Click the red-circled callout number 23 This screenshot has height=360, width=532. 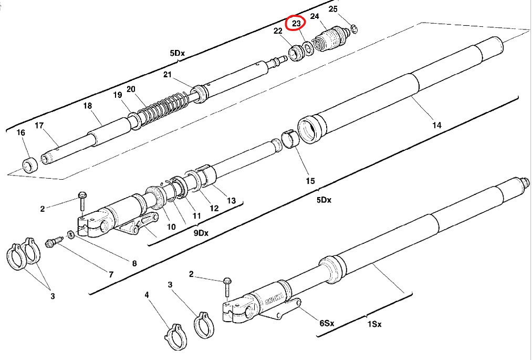point(296,23)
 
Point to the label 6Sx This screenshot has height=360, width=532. point(327,323)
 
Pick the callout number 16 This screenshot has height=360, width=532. point(21,132)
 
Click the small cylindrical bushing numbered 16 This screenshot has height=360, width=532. point(30,165)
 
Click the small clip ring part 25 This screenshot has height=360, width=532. point(354,28)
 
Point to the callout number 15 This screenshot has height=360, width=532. point(310,181)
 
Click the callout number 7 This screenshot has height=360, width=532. point(111,274)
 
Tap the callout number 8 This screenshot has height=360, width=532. point(134,263)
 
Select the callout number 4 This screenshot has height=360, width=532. point(147,295)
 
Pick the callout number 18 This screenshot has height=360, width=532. point(88,106)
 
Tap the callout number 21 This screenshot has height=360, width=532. point(167,75)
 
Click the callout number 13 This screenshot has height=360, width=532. point(231,200)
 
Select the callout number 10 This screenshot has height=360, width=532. point(171,227)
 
